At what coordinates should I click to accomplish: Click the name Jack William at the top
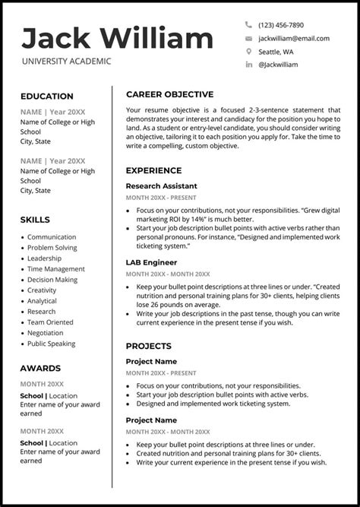(x=118, y=38)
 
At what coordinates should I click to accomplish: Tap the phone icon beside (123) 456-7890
(x=248, y=25)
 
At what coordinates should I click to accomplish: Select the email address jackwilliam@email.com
(x=294, y=38)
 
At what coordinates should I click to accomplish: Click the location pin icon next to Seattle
(x=248, y=52)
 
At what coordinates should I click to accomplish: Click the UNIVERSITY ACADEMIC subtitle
(x=66, y=62)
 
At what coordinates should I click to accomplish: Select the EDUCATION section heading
(x=47, y=97)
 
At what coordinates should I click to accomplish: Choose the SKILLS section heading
(x=35, y=220)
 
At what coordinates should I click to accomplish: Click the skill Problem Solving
(x=52, y=248)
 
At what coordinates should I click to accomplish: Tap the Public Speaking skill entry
(x=52, y=344)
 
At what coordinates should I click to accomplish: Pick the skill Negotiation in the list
(x=46, y=333)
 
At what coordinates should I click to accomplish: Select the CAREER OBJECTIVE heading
(x=169, y=94)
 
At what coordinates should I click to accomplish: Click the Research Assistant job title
(x=161, y=186)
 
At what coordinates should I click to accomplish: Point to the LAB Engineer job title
(x=150, y=262)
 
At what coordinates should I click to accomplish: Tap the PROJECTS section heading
(x=148, y=346)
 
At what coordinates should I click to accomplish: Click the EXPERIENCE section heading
(x=153, y=170)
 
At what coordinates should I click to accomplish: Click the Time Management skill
(x=56, y=269)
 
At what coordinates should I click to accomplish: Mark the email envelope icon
(x=248, y=38)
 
